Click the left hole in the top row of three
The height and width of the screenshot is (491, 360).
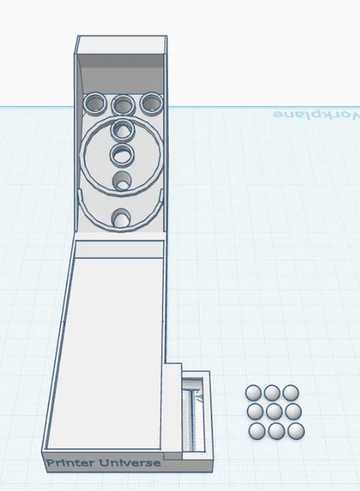(x=96, y=103)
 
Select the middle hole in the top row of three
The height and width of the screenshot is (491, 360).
(x=123, y=104)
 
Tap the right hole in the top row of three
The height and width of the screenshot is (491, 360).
(x=150, y=103)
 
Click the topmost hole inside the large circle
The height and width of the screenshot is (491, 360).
(x=123, y=130)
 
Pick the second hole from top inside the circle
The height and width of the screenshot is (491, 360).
(x=122, y=154)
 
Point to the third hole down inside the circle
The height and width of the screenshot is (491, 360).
(x=122, y=181)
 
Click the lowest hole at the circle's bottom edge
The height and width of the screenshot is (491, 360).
(x=122, y=218)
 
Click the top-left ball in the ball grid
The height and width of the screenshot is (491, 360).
(x=254, y=393)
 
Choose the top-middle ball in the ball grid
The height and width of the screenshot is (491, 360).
(x=273, y=392)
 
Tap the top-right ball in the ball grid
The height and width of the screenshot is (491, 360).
(x=292, y=392)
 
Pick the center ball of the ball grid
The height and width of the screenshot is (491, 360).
(x=274, y=411)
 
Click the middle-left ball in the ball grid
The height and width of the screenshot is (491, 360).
(x=255, y=412)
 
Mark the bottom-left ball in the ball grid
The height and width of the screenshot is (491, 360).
(x=256, y=431)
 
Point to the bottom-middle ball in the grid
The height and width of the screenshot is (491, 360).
(x=276, y=431)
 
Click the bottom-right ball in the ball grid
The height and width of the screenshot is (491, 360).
(x=296, y=431)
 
